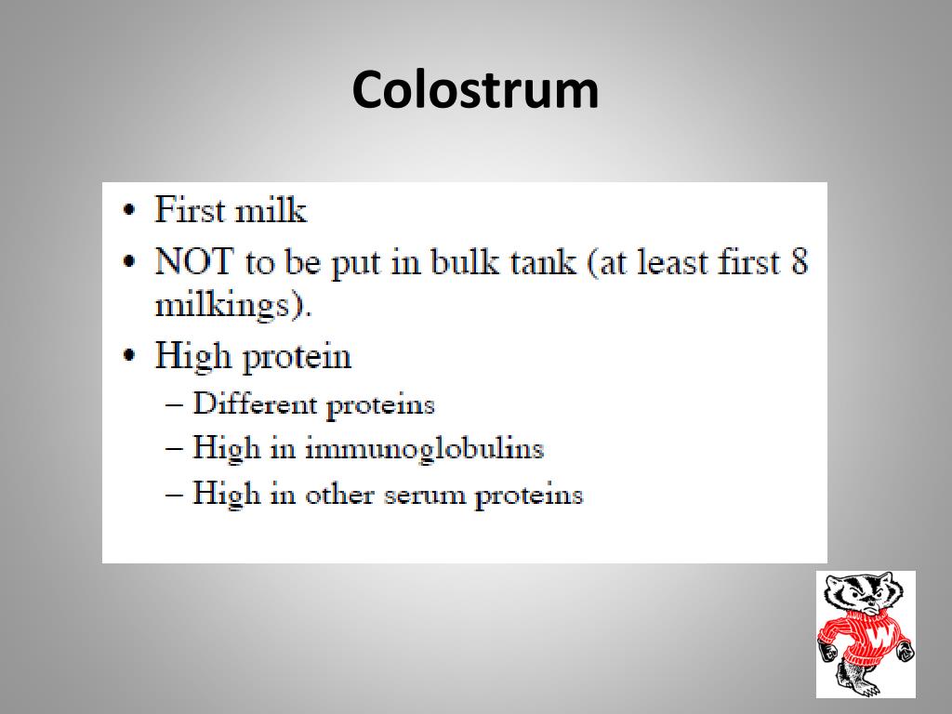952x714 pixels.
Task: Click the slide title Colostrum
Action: click(475, 90)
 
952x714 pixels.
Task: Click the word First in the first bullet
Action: click(190, 209)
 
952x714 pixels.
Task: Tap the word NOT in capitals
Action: click(193, 262)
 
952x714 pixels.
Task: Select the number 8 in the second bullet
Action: click(799, 262)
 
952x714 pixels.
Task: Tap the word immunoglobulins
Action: click(424, 449)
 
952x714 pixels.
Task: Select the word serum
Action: click(420, 495)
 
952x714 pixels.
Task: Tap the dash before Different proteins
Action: click(174, 404)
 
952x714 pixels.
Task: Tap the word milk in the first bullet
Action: click(270, 209)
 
